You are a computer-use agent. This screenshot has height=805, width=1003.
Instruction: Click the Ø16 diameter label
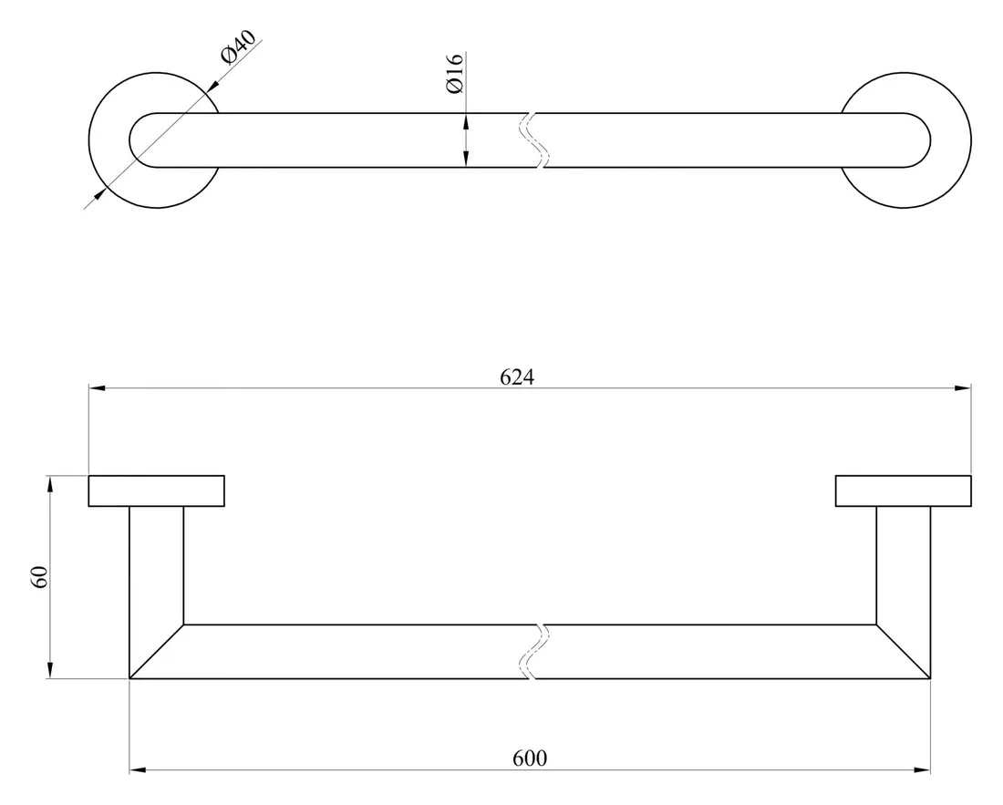455,72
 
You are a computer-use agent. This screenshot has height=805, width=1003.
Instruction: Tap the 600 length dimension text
529,759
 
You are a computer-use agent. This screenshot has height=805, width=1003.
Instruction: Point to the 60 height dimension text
39,577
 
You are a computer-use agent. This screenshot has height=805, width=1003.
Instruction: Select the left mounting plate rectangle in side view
156,490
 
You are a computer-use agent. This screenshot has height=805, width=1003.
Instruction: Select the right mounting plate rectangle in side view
903,490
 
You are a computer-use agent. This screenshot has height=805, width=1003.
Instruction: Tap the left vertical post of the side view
156,565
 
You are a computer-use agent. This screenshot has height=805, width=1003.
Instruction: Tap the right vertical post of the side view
903,565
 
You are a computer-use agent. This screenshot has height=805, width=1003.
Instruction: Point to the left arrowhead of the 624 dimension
95,388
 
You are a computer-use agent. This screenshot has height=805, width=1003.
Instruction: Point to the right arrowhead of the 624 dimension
963,388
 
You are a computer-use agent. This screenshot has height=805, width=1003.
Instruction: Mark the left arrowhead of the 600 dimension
137,771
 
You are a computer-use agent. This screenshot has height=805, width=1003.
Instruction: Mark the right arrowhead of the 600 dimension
923,771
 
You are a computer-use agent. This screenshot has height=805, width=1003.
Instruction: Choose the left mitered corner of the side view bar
157,652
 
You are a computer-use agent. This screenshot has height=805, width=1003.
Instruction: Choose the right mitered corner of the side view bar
903,652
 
